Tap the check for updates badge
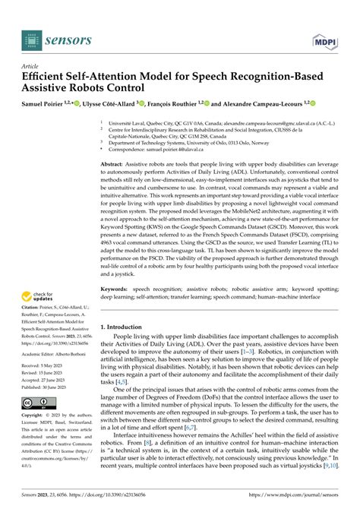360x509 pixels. (x=34, y=298)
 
